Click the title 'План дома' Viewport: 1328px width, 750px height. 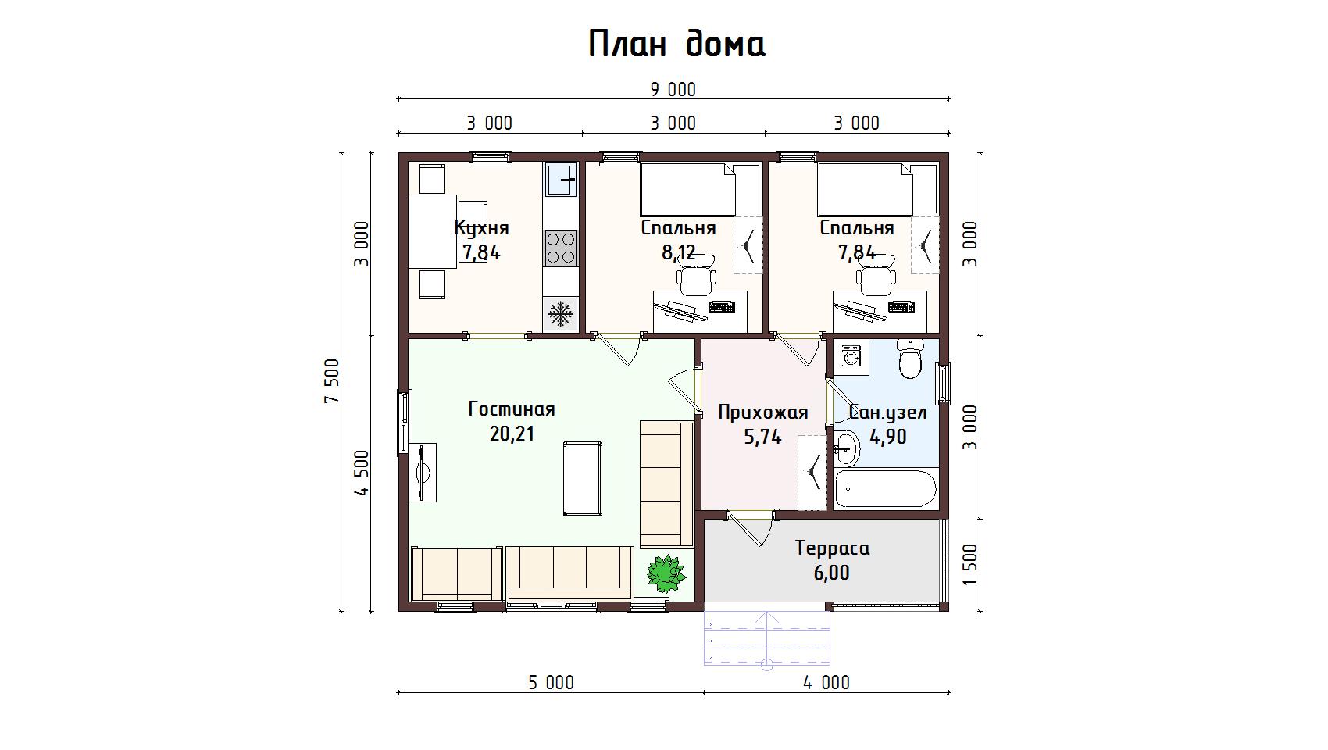click(676, 45)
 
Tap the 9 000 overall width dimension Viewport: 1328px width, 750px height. click(673, 90)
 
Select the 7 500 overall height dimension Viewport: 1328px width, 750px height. click(332, 381)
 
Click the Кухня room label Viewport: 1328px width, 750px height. click(481, 227)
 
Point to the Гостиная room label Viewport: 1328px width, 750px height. click(512, 409)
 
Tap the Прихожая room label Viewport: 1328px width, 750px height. click(763, 412)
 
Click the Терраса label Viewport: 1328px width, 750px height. click(833, 548)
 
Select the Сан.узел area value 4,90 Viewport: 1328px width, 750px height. click(888, 437)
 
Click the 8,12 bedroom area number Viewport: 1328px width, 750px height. click(678, 252)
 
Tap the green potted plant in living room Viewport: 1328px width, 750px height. click(666, 573)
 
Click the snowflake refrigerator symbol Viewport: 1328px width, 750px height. click(560, 313)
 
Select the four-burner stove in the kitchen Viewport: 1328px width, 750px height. click(560, 248)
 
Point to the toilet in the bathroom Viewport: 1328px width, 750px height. click(910, 358)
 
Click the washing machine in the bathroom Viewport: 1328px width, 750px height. click(851, 358)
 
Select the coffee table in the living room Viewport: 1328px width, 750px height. click(582, 479)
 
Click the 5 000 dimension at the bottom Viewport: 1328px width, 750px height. click(552, 683)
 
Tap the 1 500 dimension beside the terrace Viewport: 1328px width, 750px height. click(970, 564)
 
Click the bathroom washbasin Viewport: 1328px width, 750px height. click(847, 449)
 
